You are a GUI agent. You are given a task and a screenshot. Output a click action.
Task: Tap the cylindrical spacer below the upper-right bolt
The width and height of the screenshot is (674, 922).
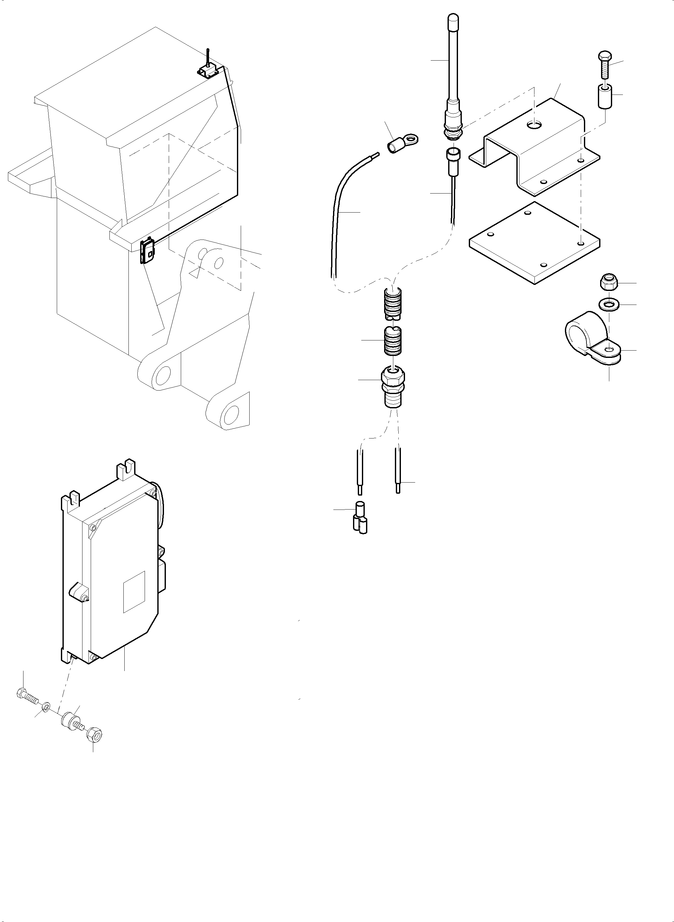tap(605, 96)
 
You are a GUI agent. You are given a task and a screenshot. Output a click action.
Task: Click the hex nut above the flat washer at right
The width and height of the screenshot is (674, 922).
tap(608, 282)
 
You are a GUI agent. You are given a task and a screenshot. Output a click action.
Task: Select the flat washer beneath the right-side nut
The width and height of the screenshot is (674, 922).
tap(609, 304)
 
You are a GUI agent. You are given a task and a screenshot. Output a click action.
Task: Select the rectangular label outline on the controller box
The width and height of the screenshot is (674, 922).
tap(134, 591)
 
